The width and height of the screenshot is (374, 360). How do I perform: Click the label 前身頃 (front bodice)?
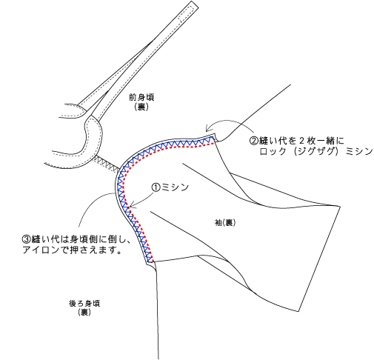click(x=141, y=97)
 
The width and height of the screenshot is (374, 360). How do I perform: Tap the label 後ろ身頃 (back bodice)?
click(x=84, y=303)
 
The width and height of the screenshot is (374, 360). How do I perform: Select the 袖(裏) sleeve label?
click(x=225, y=223)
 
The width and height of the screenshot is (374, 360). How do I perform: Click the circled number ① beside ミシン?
click(x=156, y=187)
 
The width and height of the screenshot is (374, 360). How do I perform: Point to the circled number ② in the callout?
click(x=254, y=141)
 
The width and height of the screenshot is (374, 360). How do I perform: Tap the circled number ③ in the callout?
click(x=26, y=239)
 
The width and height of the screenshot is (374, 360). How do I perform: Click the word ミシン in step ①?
click(x=175, y=187)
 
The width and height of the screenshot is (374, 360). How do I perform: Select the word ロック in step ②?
click(x=273, y=151)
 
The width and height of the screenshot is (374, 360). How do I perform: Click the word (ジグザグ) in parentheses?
click(x=316, y=151)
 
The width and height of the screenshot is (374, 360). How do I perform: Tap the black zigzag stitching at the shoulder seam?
click(x=107, y=163)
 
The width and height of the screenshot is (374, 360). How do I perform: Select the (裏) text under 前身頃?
click(x=141, y=107)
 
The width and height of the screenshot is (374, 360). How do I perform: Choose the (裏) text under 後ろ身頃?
click(x=84, y=313)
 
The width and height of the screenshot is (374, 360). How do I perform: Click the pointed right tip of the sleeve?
click(x=340, y=206)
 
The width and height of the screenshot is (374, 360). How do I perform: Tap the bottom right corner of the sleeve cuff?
click(x=298, y=311)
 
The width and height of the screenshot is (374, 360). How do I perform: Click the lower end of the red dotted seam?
click(x=153, y=261)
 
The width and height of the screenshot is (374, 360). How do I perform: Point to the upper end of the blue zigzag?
click(x=214, y=139)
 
